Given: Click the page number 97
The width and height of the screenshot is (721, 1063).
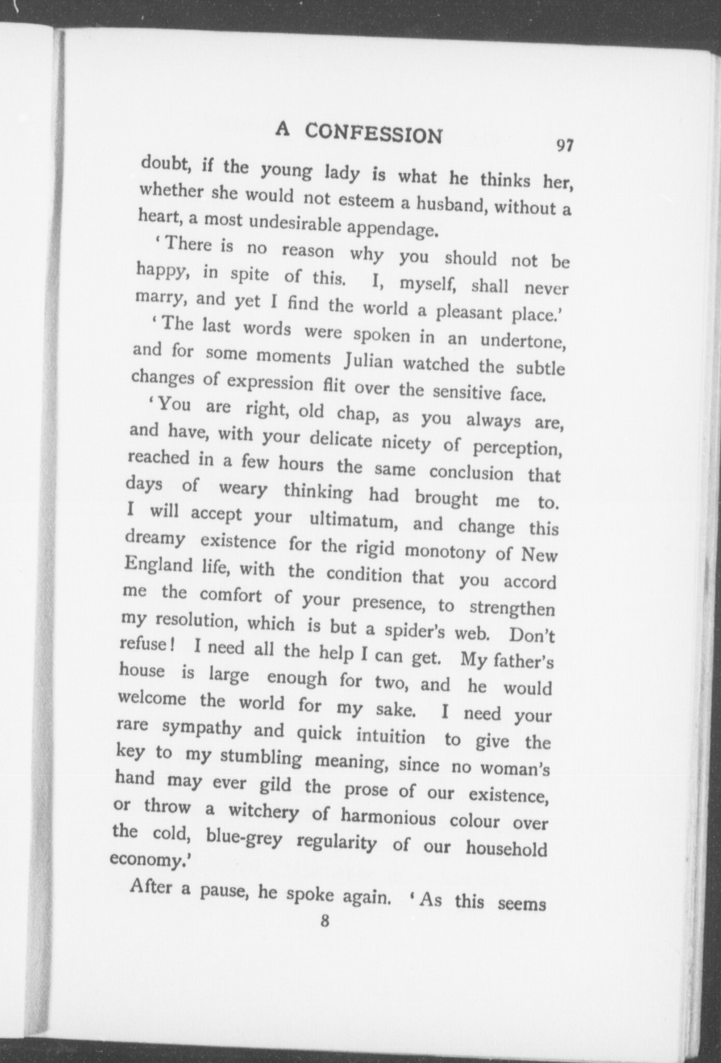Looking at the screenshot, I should [564, 146].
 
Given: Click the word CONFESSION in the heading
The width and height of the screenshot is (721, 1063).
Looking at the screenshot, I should [373, 133].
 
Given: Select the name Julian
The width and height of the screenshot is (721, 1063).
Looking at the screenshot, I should [368, 363].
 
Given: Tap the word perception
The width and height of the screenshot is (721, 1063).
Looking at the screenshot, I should [516, 448].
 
